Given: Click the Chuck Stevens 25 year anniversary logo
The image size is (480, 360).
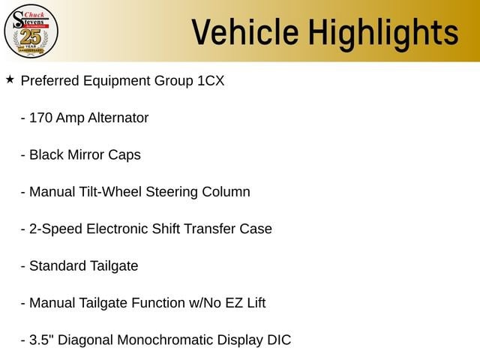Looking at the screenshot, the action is click(31, 31).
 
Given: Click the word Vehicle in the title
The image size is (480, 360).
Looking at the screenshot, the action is click(245, 32).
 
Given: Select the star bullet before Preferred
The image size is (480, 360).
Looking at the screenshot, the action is click(10, 79).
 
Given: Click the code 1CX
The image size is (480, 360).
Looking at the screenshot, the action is click(211, 81).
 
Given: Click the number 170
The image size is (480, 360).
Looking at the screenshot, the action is click(40, 118).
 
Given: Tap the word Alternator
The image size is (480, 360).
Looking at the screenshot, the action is click(118, 118).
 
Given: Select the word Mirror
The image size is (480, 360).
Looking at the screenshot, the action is click(85, 155).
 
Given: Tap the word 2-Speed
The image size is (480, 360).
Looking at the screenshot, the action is click(55, 229).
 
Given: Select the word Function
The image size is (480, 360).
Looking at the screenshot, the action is click(158, 303).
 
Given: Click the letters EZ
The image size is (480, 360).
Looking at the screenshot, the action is click(234, 303).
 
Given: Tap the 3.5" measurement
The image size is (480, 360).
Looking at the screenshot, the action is click(42, 340).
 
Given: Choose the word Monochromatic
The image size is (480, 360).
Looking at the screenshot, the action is click(165, 340).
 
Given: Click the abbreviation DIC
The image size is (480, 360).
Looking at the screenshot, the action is click(279, 340).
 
